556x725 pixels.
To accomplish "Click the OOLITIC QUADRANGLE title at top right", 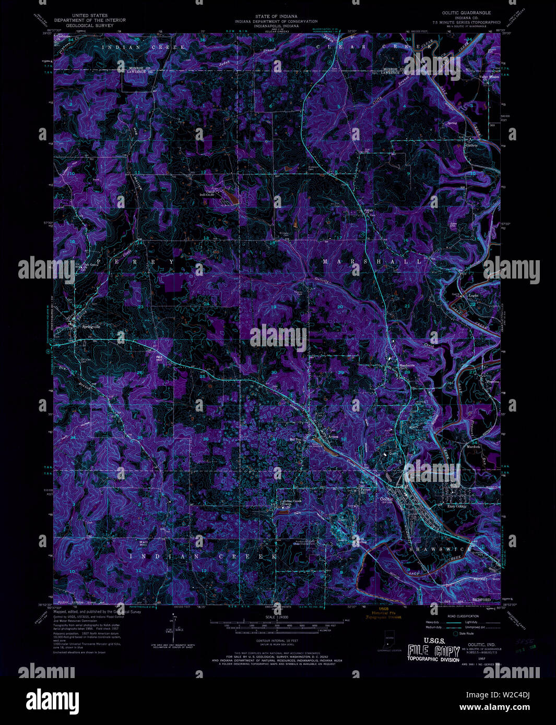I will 468,12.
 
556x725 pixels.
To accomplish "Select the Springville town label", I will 91,327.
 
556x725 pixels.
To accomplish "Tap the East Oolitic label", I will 457,506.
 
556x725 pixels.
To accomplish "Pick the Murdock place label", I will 474,447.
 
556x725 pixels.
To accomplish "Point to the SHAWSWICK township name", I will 441,549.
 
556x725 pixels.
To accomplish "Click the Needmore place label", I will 407,366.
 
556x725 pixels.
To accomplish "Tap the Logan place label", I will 473,296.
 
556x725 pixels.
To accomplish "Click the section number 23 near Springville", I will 140,307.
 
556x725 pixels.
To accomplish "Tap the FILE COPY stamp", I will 434,651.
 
